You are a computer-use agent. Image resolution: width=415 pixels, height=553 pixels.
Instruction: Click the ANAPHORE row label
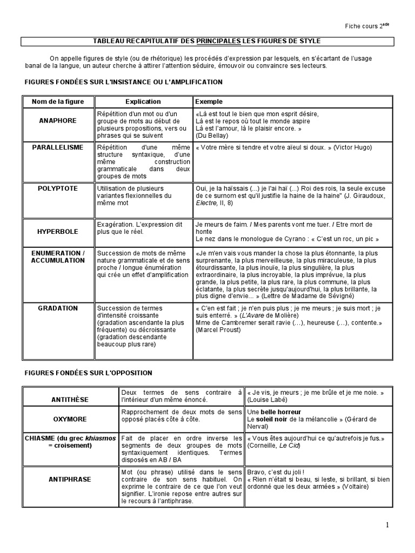coord(58,120)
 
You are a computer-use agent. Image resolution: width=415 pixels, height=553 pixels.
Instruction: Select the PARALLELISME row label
coord(58,147)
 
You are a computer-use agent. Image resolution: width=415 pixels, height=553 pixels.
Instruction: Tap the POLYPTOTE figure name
coord(58,188)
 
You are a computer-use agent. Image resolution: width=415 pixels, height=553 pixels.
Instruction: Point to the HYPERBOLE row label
coord(58,231)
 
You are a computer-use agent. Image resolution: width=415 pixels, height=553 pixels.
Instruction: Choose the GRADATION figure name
coord(58,308)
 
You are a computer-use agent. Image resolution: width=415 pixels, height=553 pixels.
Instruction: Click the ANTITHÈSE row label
coord(70,399)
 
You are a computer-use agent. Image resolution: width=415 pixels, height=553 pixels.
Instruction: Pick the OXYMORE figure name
coord(70,418)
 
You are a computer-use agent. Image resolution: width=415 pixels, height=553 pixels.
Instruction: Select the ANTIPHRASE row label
coord(70,479)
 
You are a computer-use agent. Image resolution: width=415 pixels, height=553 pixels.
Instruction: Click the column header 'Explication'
coord(143,102)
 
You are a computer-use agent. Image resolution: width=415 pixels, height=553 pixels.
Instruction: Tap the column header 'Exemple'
coord(209,102)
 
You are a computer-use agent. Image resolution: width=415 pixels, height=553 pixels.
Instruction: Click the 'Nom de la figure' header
coord(58,102)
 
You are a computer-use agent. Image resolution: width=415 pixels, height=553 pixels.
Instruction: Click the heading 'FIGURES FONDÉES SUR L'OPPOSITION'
coord(89,373)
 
